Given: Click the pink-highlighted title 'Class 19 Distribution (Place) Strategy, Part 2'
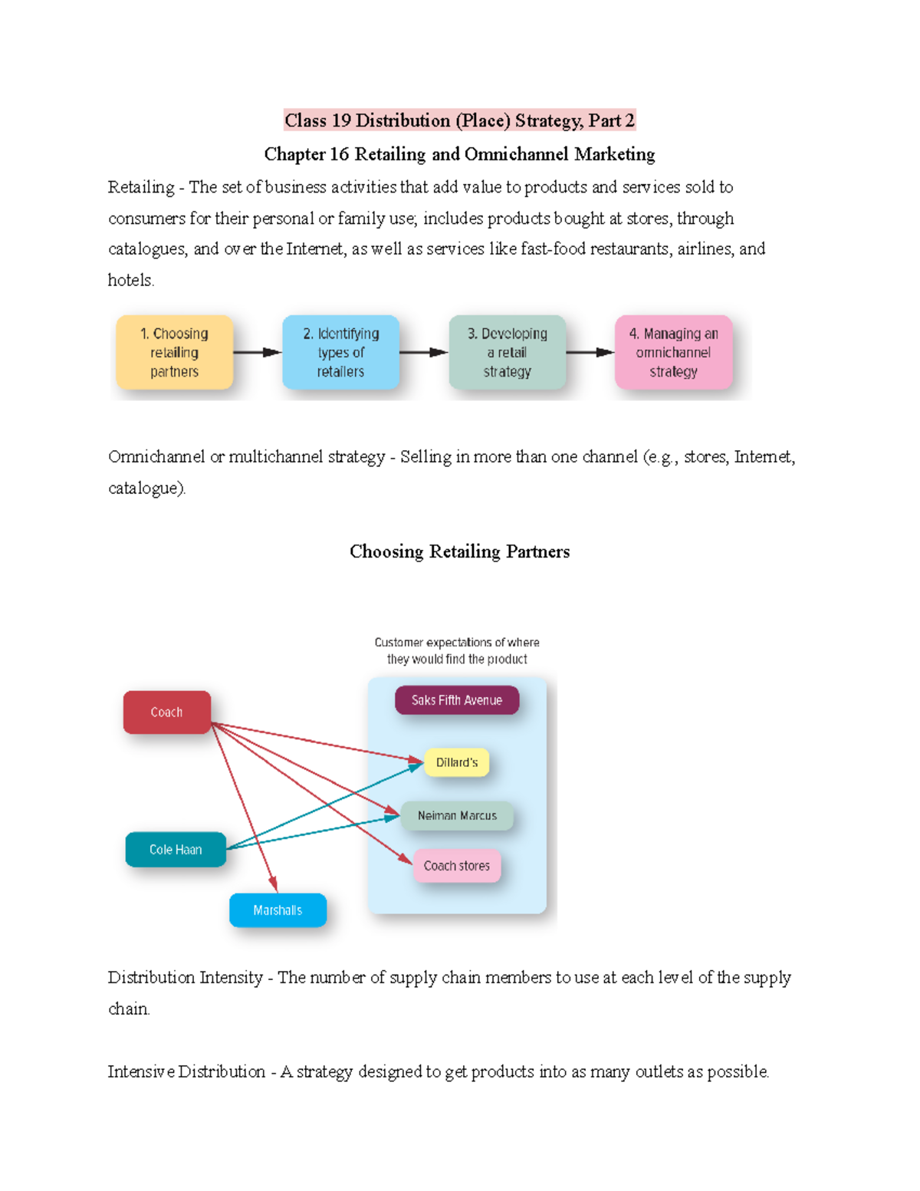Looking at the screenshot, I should click(459, 120).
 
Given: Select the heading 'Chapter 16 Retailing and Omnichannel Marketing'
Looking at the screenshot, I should click(459, 154).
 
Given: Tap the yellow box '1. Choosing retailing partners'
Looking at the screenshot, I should click(174, 353).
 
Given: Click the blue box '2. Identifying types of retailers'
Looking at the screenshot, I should click(340, 353).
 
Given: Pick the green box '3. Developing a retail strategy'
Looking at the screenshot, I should click(507, 353).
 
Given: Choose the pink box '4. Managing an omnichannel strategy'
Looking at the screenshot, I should click(673, 353).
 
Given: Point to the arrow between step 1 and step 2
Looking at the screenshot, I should click(258, 353).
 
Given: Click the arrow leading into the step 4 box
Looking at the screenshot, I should click(590, 353).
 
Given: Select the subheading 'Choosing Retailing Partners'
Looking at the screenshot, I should click(459, 551).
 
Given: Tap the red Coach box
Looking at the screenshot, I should click(166, 712).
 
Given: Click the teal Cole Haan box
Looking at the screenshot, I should click(176, 850).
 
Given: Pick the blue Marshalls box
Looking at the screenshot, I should click(278, 910).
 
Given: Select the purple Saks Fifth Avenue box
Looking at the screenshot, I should click(457, 700).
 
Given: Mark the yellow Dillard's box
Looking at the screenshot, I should click(457, 762).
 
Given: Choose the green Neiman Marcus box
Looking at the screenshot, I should click(457, 816).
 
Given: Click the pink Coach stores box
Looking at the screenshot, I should click(457, 866).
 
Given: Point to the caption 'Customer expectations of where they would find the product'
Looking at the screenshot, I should click(457, 650).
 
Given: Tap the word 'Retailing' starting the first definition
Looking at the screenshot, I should click(141, 187).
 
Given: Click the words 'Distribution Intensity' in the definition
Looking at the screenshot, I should click(185, 978).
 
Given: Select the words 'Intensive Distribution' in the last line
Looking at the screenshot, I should click(186, 1071).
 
